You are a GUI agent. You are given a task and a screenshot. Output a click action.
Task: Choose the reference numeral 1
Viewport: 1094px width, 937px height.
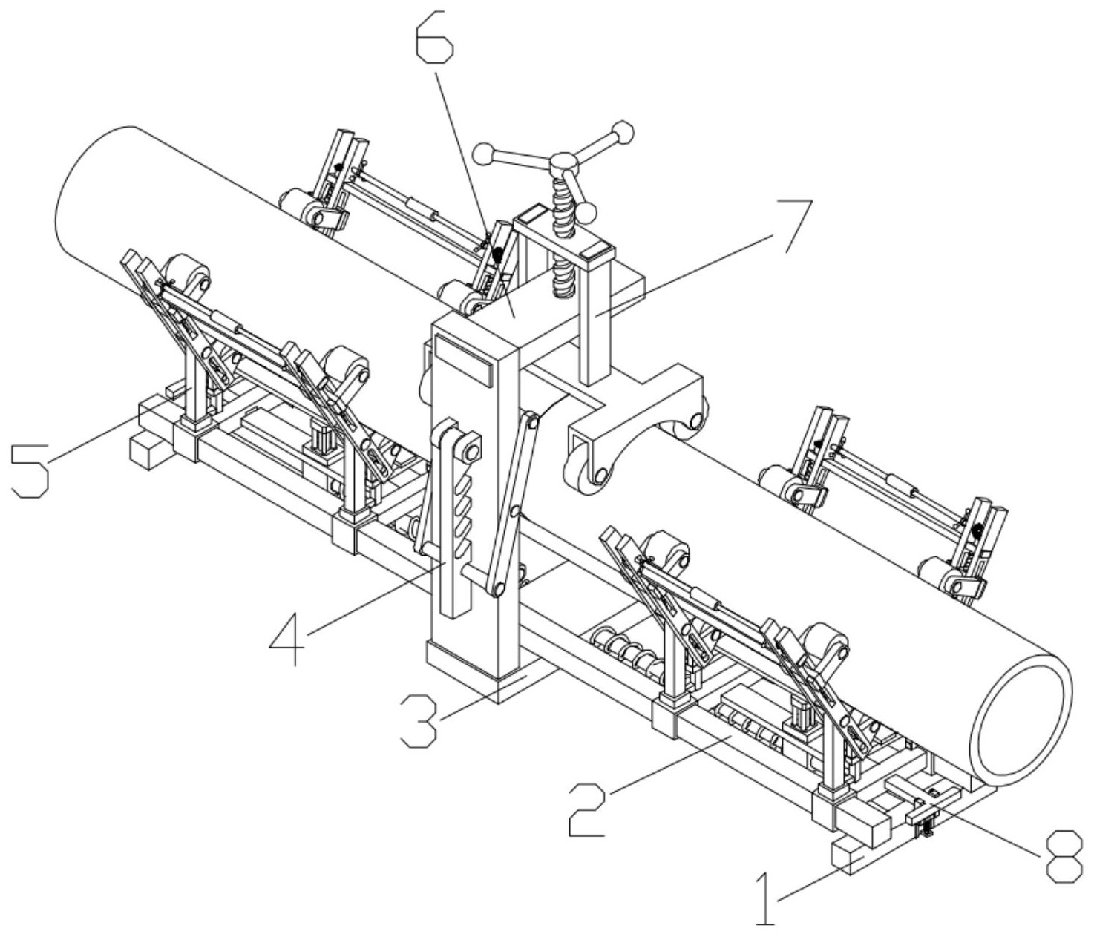click(764, 899)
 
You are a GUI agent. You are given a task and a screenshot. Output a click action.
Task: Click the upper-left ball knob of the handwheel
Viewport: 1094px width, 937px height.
click(485, 154)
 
